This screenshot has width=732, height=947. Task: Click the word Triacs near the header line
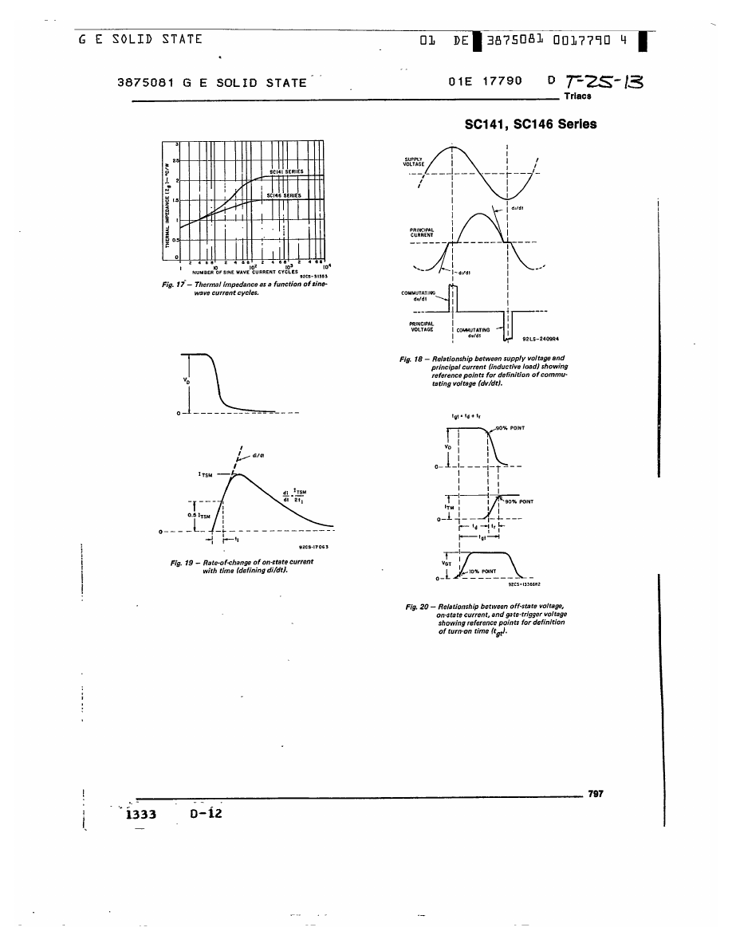coord(577,96)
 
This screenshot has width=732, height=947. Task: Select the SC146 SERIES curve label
coord(283,195)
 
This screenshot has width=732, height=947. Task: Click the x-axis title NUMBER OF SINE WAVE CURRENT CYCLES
coord(245,273)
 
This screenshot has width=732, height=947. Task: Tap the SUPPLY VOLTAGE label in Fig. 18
coord(414,161)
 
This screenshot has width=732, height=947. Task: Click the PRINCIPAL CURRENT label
coord(422,232)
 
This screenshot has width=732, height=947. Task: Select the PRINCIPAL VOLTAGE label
coord(421,326)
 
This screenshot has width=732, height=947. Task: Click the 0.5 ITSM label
coord(199,515)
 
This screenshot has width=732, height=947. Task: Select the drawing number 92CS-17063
coord(313,547)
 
